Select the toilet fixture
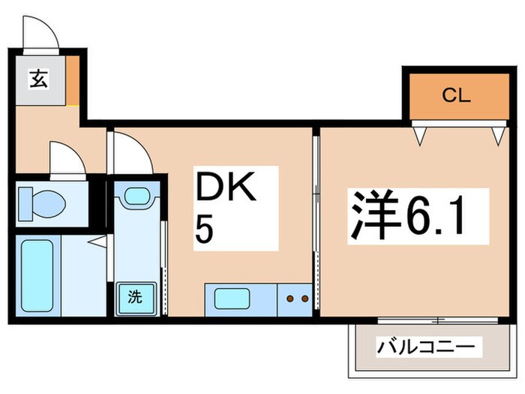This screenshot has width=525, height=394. [x=46, y=203]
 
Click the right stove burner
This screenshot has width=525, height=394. [x=304, y=299]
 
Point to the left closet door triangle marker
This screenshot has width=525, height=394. [x=423, y=136]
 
